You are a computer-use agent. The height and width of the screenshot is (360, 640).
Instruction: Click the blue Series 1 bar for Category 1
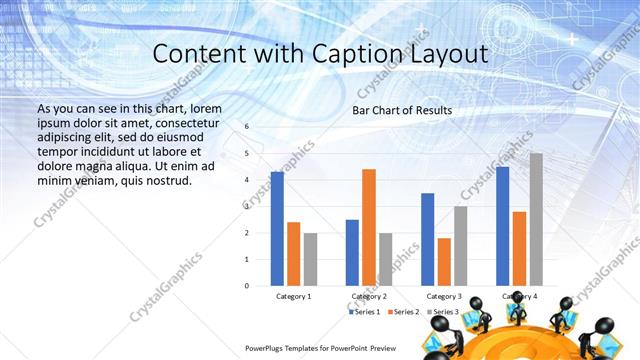pyautogui.click(x=277, y=229)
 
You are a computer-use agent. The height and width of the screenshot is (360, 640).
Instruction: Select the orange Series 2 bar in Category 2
pyautogui.click(x=369, y=227)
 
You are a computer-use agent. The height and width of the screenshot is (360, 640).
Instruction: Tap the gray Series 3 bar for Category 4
pyautogui.click(x=536, y=219)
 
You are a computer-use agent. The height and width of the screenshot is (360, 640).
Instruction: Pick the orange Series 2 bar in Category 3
pyautogui.click(x=444, y=262)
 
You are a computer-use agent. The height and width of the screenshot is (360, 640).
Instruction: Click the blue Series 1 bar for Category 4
pyautogui.click(x=502, y=226)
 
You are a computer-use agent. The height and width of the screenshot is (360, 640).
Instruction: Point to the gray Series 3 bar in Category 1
pyautogui.click(x=310, y=259)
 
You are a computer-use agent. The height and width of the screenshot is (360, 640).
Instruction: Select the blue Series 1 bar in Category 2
pyautogui.click(x=352, y=252)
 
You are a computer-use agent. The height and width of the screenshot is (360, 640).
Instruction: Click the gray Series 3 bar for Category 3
pyautogui.click(x=461, y=246)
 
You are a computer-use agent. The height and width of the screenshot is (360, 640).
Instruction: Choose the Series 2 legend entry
pyautogui.click(x=404, y=312)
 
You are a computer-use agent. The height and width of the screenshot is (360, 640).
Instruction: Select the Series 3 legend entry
pyautogui.click(x=444, y=312)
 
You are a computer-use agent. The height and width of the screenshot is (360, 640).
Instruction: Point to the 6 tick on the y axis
pyautogui.click(x=247, y=127)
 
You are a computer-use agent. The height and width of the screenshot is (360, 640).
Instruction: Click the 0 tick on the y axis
pyautogui.click(x=247, y=286)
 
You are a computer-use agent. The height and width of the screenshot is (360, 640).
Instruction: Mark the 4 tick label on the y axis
pyautogui.click(x=247, y=180)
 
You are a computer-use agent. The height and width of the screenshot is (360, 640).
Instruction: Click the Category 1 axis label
pyautogui.click(x=294, y=297)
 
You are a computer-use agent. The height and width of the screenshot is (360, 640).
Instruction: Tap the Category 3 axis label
pyautogui.click(x=444, y=297)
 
